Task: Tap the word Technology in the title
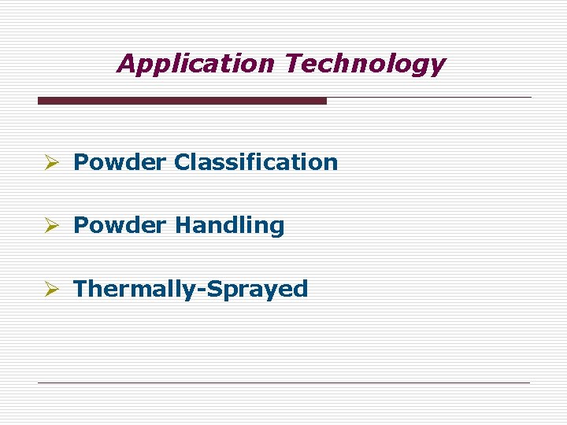(x=365, y=64)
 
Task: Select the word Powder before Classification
(x=120, y=162)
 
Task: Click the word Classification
(x=256, y=162)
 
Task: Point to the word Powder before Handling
(x=120, y=225)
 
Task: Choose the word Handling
(x=229, y=226)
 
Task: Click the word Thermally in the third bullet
(x=135, y=289)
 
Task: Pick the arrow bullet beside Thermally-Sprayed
(x=52, y=289)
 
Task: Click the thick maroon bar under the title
(x=182, y=101)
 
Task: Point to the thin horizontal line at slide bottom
(x=283, y=382)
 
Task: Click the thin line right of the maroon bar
(x=429, y=98)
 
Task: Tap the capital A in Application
(x=125, y=63)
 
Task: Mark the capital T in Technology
(x=294, y=63)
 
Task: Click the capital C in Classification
(x=183, y=162)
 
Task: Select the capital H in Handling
(x=183, y=225)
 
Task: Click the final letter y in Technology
(x=437, y=66)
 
